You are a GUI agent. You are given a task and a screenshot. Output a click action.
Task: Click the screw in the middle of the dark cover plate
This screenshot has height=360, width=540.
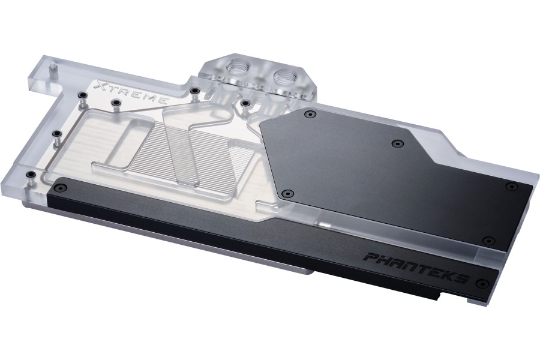pos(398,143)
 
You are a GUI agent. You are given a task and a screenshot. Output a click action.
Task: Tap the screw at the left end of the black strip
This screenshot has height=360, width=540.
pos(61,188)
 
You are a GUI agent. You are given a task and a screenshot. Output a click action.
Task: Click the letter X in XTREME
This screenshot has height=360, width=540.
pos(102,86)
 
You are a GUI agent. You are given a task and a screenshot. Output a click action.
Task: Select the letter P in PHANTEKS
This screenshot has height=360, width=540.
pos(372,257)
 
